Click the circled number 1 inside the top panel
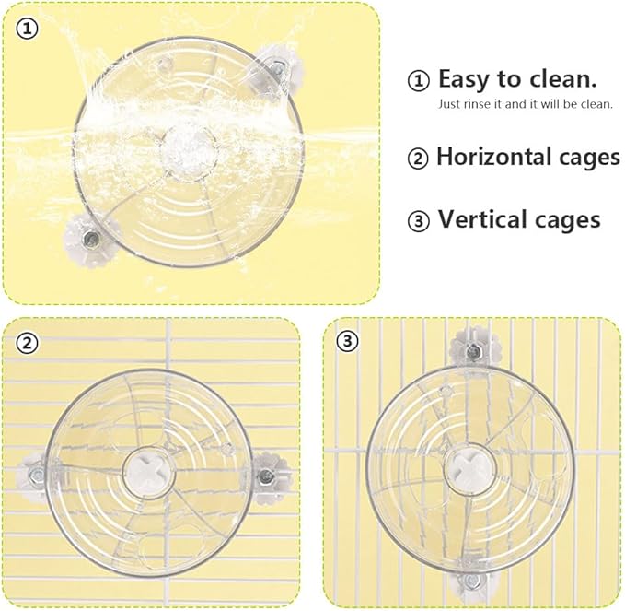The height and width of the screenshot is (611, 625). click(27, 29)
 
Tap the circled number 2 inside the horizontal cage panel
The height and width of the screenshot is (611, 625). click(27, 343)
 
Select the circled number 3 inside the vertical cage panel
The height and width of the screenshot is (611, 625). click(348, 341)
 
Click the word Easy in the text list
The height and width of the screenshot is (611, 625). click(464, 80)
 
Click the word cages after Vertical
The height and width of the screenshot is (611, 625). click(568, 221)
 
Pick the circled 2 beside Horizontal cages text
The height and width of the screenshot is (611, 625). click(418, 159)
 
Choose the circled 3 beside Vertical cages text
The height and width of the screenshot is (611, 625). click(418, 220)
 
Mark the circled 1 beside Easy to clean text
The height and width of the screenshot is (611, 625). click(418, 80)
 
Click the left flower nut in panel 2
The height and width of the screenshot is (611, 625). click(36, 476)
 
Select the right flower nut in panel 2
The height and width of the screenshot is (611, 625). click(268, 475)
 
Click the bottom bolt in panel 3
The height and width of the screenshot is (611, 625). click(473, 580)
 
